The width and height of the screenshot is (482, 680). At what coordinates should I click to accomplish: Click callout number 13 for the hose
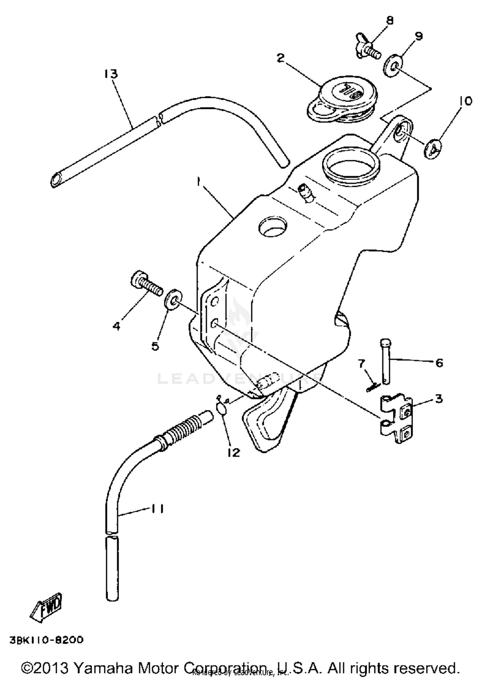pos(111,74)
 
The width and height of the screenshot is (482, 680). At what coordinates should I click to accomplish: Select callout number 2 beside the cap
pos(281,58)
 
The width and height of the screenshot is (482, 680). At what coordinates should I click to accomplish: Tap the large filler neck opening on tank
pos(352,165)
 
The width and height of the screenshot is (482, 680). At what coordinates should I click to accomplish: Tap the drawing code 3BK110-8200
pos(47,640)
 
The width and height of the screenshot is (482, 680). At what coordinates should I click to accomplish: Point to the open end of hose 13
pos(57,179)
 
